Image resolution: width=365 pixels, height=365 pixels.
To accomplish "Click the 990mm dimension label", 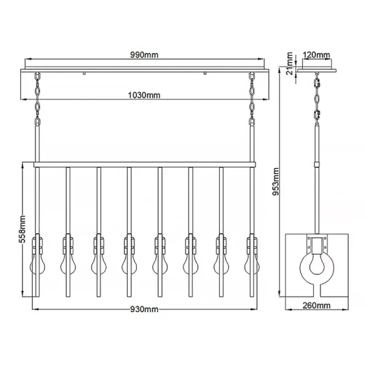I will [144, 55].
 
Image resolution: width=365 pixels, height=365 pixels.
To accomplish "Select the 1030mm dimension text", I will [144, 94].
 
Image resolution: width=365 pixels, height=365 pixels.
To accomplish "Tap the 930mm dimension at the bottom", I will [144, 310].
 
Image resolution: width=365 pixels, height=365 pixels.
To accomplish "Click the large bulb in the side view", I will [316, 267].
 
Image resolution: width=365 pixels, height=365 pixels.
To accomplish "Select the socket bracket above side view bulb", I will [316, 245].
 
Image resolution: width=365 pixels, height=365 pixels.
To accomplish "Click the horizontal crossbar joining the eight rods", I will [144, 165].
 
